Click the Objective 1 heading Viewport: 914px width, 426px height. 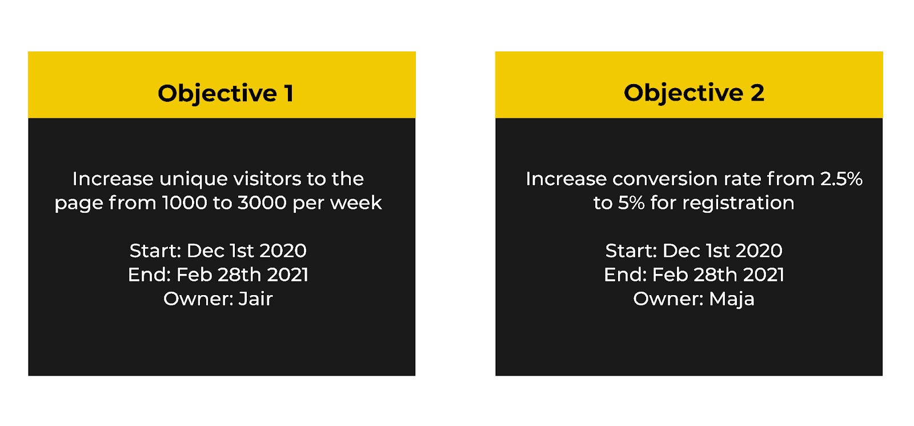pyautogui.click(x=226, y=93)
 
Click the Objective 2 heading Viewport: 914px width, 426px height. pyautogui.click(x=693, y=93)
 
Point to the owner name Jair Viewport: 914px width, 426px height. pyautogui.click(x=255, y=299)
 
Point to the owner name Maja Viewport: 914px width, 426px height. pyautogui.click(x=731, y=299)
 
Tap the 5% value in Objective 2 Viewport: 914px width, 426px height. pyautogui.click(x=631, y=203)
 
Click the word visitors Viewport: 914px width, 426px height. pyautogui.click(x=267, y=179)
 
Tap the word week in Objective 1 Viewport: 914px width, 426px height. pyautogui.click(x=359, y=203)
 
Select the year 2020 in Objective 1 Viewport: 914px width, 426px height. pyautogui.click(x=283, y=251)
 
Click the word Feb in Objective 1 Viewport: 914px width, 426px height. pyautogui.click(x=194, y=275)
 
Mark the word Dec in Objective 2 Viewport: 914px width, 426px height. pyautogui.click(x=681, y=251)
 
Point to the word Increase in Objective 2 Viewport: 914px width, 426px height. pyautogui.click(x=566, y=179)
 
